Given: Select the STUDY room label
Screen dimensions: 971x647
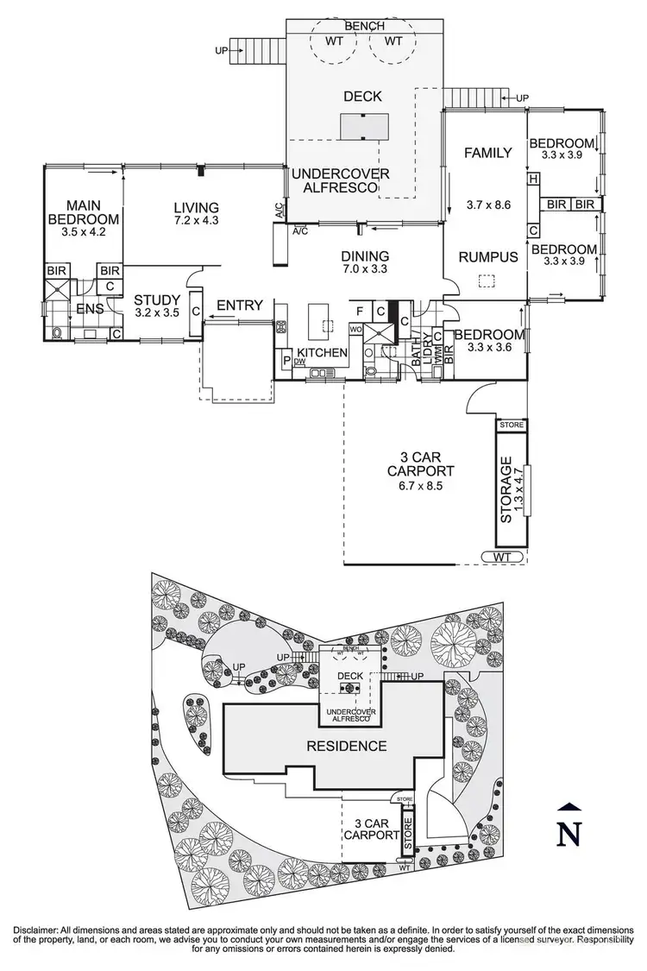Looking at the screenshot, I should [x=156, y=306].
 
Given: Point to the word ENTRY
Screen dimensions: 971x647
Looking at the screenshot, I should [x=239, y=305].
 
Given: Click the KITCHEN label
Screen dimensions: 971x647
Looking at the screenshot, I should [x=322, y=353].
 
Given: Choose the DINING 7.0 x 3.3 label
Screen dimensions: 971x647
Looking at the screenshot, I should [x=365, y=263].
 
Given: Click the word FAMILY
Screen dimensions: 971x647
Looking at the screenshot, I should [x=487, y=153].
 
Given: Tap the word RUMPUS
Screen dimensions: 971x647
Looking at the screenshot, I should [x=487, y=256].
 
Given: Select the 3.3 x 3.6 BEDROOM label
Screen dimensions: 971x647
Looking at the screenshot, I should [x=488, y=342].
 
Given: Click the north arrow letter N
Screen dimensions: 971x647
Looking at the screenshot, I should [x=567, y=834].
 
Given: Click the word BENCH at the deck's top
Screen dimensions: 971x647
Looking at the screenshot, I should [x=364, y=27].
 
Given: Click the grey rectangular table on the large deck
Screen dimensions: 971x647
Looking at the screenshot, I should [x=364, y=128].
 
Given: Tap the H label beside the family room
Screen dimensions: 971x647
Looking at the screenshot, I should [x=534, y=179].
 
